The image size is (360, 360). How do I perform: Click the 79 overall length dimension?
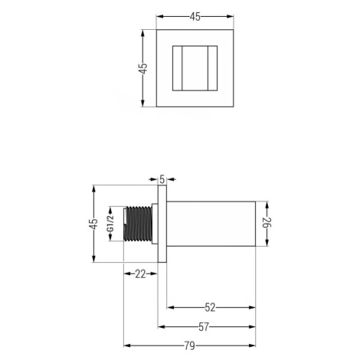pos(189,345)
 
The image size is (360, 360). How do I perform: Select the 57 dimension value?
pos(204,327)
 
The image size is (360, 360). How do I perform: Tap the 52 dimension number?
pos(210,308)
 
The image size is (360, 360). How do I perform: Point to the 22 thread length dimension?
pos(140,274)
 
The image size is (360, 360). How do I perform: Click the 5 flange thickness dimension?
pos(162,179)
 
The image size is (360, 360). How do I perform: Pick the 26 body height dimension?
pos(267,224)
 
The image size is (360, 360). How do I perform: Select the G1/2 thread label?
pos(110,224)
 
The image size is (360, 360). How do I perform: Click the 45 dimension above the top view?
pos(195,17)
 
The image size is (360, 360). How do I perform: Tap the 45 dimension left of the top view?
pos(143,68)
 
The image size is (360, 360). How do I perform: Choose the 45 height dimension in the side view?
pos(94,224)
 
